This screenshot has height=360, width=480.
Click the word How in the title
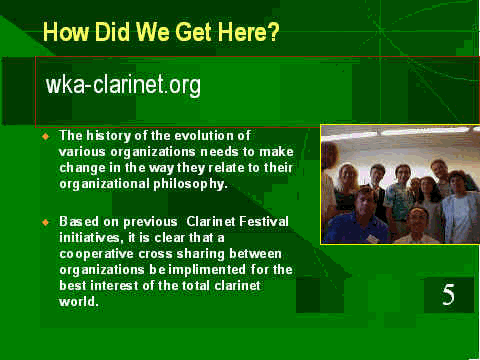click(66, 32)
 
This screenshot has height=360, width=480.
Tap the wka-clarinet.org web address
click(123, 85)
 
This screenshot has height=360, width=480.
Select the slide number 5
click(448, 295)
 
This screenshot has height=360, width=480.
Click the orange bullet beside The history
click(46, 136)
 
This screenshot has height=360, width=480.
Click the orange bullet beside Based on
click(46, 222)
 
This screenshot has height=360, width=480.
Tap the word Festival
click(264, 222)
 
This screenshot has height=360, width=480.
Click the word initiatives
click(89, 238)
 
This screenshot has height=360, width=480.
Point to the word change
click(82, 168)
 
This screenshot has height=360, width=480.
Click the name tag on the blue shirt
click(371, 238)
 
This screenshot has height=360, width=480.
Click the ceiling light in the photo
click(423, 131)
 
